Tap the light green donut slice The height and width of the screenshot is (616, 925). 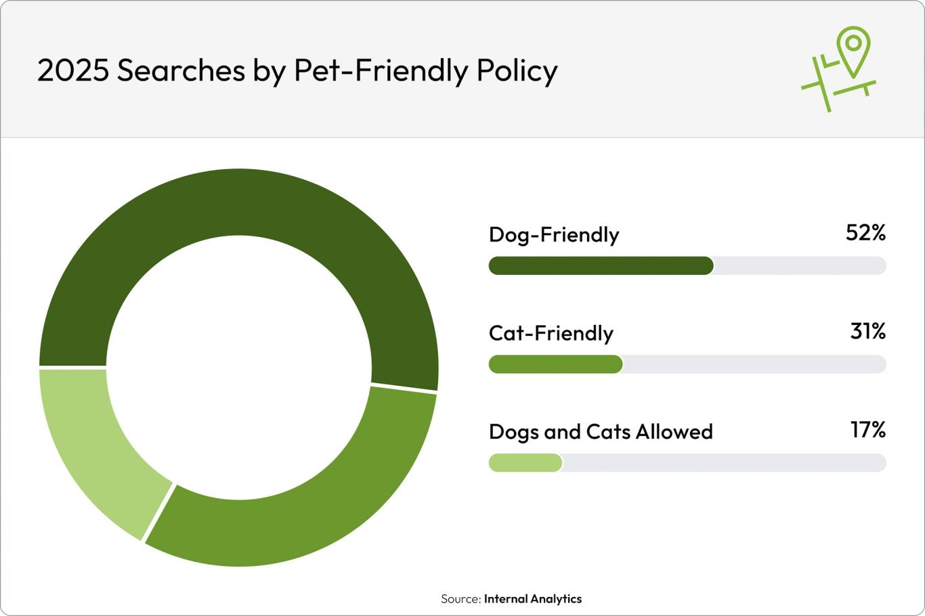coord(95,447)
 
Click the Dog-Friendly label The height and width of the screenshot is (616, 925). coord(554,235)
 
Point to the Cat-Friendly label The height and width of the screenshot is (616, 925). coord(551,333)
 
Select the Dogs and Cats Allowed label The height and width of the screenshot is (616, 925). coord(601,432)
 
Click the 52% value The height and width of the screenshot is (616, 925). coord(865,233)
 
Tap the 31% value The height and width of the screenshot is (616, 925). coord(867,331)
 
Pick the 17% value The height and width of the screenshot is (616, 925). coord(867,430)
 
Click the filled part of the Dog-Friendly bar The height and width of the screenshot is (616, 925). coord(601,266)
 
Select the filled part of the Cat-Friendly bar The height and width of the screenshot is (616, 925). coord(555,364)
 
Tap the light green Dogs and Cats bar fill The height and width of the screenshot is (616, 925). coord(525,463)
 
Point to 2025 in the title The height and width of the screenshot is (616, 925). coord(72,70)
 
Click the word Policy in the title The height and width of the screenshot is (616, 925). coord(517,70)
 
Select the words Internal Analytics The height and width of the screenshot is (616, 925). coord(532,599)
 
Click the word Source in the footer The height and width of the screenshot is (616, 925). coord(460,599)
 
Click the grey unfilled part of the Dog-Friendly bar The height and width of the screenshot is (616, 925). coord(799,266)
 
